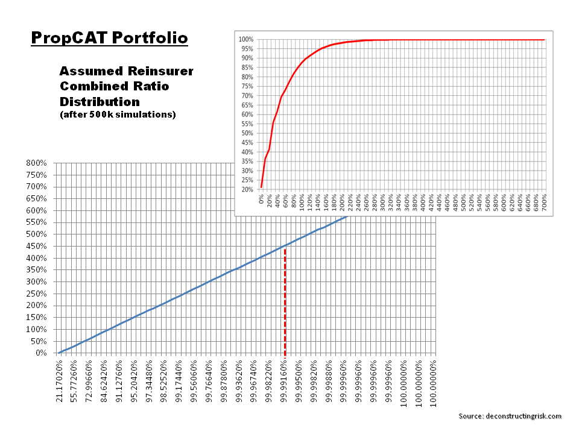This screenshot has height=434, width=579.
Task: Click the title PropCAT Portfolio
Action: (x=109, y=39)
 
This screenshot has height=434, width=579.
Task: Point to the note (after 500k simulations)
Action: (x=118, y=115)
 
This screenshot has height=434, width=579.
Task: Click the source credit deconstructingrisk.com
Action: (x=510, y=416)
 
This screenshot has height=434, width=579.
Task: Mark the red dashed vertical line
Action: (x=285, y=301)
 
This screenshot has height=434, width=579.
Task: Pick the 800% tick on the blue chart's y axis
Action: (x=37, y=163)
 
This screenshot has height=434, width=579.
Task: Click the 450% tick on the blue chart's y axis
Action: (x=37, y=246)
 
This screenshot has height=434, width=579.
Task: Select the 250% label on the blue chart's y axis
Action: (x=37, y=294)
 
